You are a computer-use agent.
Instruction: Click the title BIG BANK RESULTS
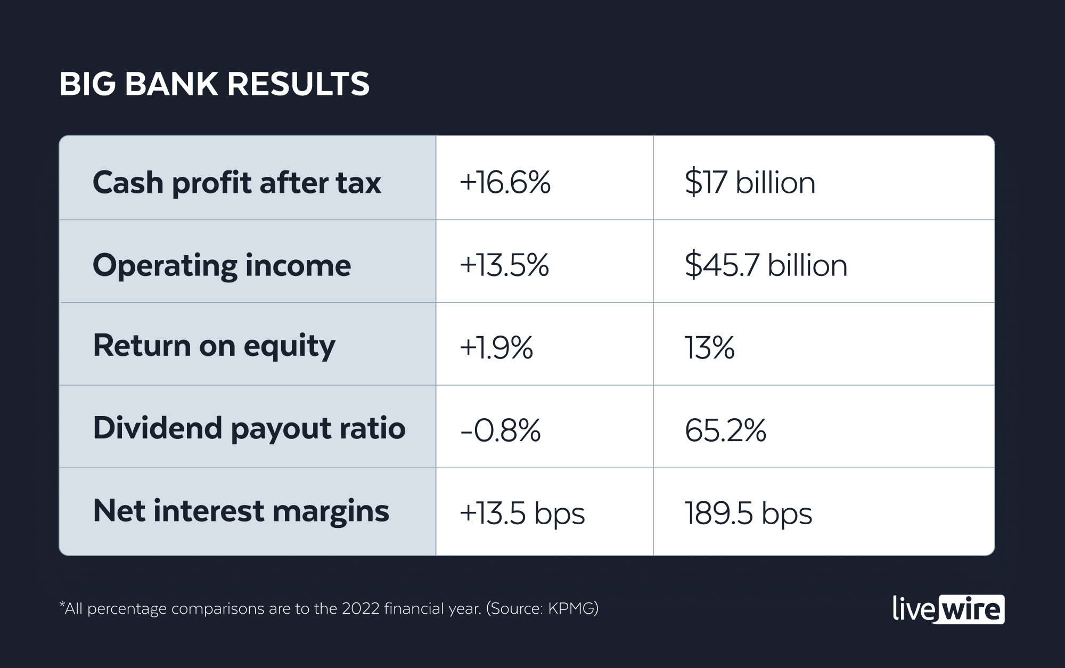click(x=214, y=84)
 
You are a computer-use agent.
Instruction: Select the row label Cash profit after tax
click(x=236, y=183)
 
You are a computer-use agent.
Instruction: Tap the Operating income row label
click(x=222, y=265)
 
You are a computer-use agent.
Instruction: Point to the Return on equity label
click(x=214, y=346)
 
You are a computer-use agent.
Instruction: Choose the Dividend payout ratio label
click(x=249, y=428)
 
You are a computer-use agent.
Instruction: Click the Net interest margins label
click(x=241, y=511)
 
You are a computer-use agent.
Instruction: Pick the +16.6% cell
click(x=505, y=183)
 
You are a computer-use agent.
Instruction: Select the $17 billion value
click(x=750, y=183)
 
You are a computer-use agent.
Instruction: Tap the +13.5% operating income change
click(x=504, y=265)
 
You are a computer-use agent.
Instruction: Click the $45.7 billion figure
click(x=766, y=265)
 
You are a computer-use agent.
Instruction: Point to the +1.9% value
click(x=496, y=348)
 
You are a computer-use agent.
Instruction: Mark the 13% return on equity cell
click(x=709, y=348)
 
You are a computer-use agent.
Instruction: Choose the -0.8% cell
click(x=500, y=430)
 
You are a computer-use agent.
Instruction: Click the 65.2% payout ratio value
click(x=725, y=430)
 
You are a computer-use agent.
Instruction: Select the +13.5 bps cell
click(x=522, y=514)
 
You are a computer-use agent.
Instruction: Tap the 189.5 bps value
click(x=748, y=514)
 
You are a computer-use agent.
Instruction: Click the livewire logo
click(x=948, y=609)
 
